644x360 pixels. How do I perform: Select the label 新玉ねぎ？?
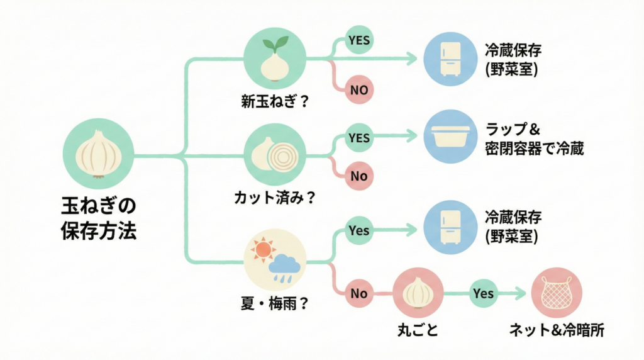(274, 101)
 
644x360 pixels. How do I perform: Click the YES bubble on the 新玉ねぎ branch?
(359, 41)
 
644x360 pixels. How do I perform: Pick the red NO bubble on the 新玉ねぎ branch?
(359, 89)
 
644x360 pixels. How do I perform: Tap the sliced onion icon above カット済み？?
(274, 154)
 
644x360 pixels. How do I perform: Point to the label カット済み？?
(274, 197)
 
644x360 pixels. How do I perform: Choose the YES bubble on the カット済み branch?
(359, 137)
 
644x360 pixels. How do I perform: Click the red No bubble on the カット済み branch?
(359, 176)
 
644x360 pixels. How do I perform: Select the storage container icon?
(451, 137)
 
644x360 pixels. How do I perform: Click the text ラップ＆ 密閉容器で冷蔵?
(535, 140)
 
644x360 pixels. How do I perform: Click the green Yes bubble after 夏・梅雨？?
(359, 230)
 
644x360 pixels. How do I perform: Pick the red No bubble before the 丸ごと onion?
(359, 293)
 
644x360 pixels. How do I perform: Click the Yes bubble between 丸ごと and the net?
(483, 293)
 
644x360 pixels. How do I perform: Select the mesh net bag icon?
(557, 293)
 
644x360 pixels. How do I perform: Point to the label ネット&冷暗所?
(557, 330)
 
